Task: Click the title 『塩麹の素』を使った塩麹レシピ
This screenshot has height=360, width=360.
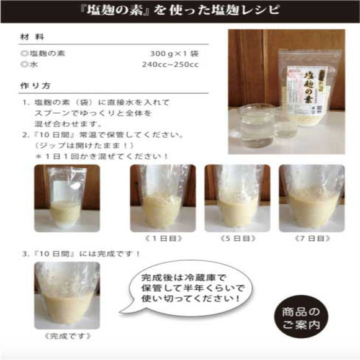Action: (180, 11)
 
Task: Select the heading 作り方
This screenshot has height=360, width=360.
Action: (34, 86)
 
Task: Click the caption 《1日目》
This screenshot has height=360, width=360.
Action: (156, 238)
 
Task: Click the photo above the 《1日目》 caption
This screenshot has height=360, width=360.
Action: (155, 197)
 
